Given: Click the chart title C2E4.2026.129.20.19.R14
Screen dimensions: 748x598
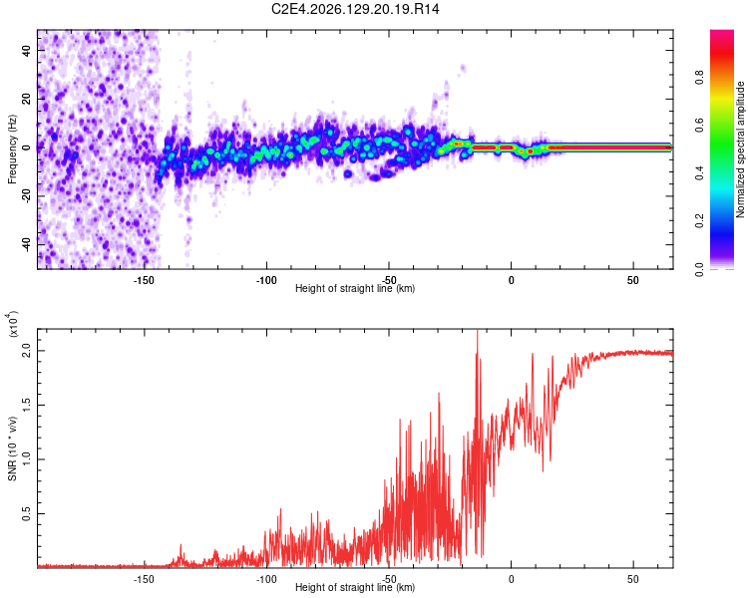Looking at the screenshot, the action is (355, 9).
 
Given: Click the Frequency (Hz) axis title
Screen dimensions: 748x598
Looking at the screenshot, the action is (12, 149).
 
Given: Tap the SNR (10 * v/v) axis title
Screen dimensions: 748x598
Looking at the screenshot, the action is (12, 448).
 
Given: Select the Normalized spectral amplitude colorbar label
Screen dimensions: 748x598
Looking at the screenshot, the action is (740, 149).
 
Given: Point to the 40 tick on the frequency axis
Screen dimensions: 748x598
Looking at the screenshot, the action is (26, 51).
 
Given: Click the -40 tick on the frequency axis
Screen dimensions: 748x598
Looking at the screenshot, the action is (26, 244).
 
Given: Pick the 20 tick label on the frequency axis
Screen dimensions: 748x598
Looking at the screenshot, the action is (26, 100).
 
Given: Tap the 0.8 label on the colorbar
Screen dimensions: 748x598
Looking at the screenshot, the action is (699, 78).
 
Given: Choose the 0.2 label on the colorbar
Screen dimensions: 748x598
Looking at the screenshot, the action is (699, 221).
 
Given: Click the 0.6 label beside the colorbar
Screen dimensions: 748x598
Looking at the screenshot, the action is (699, 126).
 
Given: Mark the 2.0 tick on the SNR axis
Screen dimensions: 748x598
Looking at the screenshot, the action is (26, 351).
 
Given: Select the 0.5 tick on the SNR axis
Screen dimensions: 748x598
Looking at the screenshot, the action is (26, 514).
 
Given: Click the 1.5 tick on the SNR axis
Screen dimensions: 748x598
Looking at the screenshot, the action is (26, 406).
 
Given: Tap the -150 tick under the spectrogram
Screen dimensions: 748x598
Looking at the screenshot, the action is (143, 280).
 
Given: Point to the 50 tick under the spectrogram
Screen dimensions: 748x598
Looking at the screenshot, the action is (633, 280).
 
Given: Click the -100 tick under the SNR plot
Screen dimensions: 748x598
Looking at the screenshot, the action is (265, 579).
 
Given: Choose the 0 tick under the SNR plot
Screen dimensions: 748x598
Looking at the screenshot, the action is (511, 579).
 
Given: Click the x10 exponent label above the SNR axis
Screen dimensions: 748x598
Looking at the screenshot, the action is (13, 324).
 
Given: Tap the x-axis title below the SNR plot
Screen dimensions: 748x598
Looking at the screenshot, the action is (355, 587).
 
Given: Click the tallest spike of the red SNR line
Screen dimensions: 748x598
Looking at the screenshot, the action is (477, 331).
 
